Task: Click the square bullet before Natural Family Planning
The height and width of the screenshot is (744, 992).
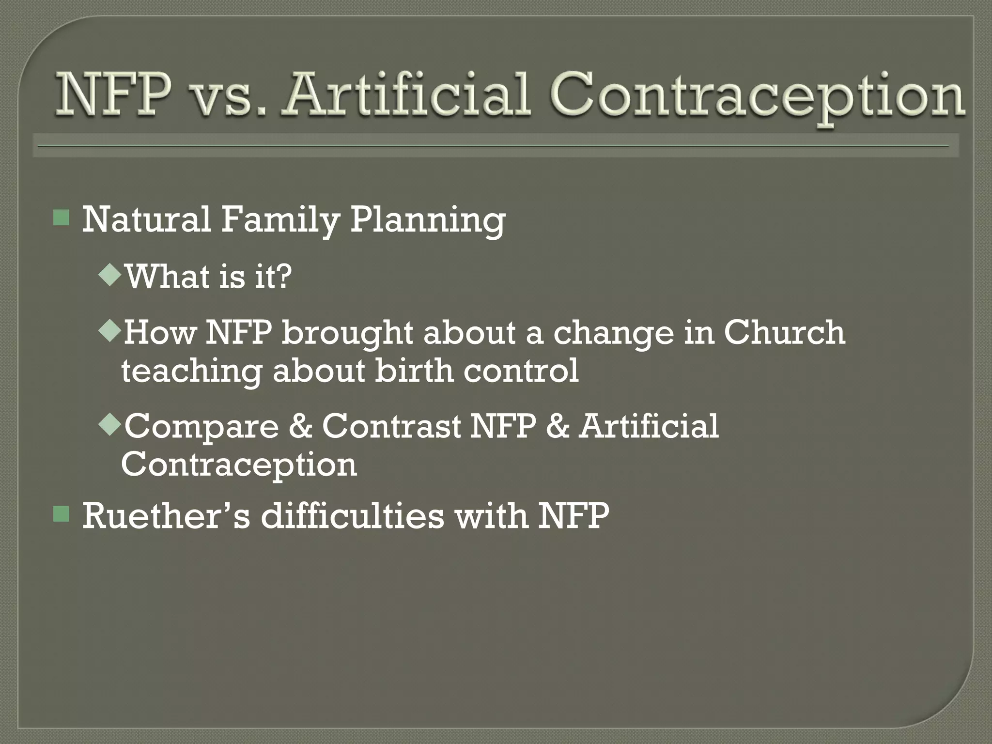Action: coord(62,218)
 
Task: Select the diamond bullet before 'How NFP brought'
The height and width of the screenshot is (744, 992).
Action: coord(109,331)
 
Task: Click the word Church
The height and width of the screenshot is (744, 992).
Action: coord(784,332)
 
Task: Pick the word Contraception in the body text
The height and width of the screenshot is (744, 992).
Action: coord(239,465)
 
